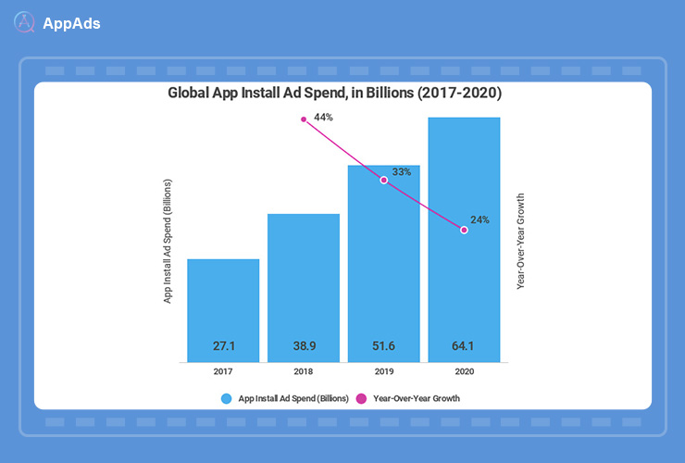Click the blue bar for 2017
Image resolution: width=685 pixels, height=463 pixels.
[x=223, y=310]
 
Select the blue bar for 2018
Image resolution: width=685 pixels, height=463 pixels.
[x=304, y=287]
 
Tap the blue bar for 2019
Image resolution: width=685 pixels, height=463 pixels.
[x=383, y=263]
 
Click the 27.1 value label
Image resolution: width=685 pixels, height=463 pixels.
[x=223, y=345]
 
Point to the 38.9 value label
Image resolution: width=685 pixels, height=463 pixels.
[x=304, y=345]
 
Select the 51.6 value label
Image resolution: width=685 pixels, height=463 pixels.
[x=383, y=345]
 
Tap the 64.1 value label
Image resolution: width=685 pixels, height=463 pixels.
[x=464, y=345]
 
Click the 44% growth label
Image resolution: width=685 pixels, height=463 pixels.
[x=323, y=118]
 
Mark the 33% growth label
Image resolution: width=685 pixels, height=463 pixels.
[x=402, y=171]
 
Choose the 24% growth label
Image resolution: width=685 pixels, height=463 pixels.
[x=479, y=220]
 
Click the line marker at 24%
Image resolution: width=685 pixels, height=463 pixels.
[x=464, y=231]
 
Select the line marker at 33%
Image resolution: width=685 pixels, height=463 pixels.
[x=383, y=181]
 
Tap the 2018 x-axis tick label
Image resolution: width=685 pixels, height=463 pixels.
[x=304, y=371]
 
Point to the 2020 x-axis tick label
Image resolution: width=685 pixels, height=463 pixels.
[x=464, y=371]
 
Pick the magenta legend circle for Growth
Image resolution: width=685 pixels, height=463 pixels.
[x=362, y=398]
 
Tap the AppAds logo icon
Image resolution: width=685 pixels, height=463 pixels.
[x=25, y=23]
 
